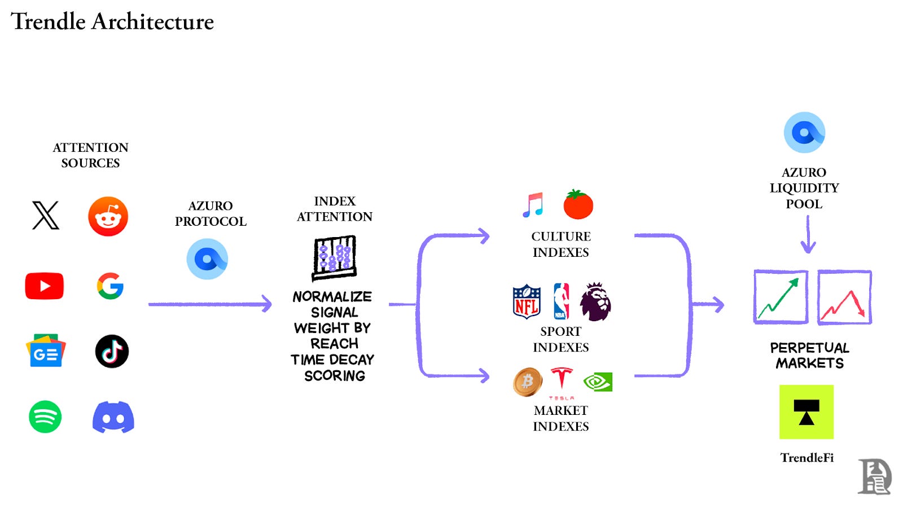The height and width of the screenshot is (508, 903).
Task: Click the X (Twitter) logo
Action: pyautogui.click(x=46, y=216)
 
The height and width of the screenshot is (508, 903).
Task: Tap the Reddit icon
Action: pyautogui.click(x=108, y=216)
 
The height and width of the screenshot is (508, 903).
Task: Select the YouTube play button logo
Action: pyautogui.click(x=45, y=286)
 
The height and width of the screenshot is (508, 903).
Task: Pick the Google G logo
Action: pyautogui.click(x=110, y=286)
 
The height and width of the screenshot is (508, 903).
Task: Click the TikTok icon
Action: pyautogui.click(x=112, y=351)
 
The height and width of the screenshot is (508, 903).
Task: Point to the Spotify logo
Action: pyautogui.click(x=45, y=417)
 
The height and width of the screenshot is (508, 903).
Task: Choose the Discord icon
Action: pyautogui.click(x=113, y=417)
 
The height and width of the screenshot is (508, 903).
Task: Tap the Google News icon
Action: pyautogui.click(x=46, y=351)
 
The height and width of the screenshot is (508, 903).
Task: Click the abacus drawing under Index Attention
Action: pyautogui.click(x=335, y=258)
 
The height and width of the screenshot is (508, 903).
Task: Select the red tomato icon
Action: pyautogui.click(x=578, y=204)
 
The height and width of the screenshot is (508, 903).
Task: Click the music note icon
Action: pyautogui.click(x=533, y=205)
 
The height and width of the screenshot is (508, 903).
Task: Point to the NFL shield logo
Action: pyautogui.click(x=527, y=301)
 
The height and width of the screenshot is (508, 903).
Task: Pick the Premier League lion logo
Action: pyautogui.click(x=595, y=301)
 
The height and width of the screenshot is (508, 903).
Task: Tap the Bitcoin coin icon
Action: pyautogui.click(x=528, y=382)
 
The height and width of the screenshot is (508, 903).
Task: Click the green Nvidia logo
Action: pyautogui.click(x=598, y=382)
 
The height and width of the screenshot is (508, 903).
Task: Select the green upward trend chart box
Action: pyautogui.click(x=781, y=297)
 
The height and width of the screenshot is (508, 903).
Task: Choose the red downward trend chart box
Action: pyautogui.click(x=844, y=297)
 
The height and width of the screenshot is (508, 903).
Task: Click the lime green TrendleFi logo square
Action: pyautogui.click(x=806, y=412)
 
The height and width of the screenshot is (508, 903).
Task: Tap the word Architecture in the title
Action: pyautogui.click(x=152, y=21)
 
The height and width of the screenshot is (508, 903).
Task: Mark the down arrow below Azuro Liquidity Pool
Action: pyautogui.click(x=808, y=235)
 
